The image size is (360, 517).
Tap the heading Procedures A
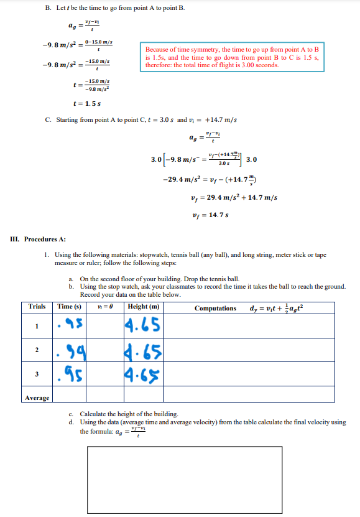pos(44,239)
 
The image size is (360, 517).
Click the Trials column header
pos(37,307)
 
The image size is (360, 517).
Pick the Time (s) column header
pos(69,307)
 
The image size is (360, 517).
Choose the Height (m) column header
pos(144,307)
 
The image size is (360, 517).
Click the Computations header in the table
pos(215,308)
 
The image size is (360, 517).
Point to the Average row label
pos(37,398)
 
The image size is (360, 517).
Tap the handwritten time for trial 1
pos(70,326)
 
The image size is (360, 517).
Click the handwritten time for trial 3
pos(70,375)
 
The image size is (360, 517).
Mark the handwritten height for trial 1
pos(143,326)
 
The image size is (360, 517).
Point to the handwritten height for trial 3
pos(143,375)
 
